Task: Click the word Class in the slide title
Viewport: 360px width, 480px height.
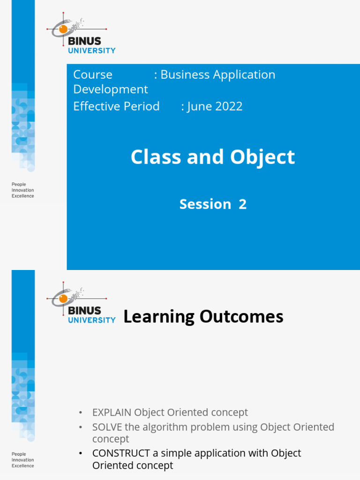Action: pyautogui.click(x=155, y=157)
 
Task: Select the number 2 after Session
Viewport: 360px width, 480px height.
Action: pyautogui.click(x=242, y=204)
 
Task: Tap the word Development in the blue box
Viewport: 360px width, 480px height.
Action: pyautogui.click(x=111, y=89)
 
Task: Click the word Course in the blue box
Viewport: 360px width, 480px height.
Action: pyautogui.click(x=93, y=75)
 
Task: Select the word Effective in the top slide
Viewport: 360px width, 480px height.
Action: pyautogui.click(x=96, y=106)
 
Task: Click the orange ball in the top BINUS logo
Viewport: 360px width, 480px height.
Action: pyautogui.click(x=63, y=30)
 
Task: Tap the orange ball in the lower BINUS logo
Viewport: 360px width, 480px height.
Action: pyautogui.click(x=63, y=299)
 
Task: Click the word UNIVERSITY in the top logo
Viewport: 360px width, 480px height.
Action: pyautogui.click(x=92, y=51)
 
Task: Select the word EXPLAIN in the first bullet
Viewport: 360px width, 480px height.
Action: pyautogui.click(x=112, y=412)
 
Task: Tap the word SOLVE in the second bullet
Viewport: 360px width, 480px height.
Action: pyautogui.click(x=107, y=427)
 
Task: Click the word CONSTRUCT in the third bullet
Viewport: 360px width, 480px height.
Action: pyautogui.click(x=121, y=453)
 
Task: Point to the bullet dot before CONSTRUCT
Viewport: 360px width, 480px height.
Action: pyautogui.click(x=81, y=453)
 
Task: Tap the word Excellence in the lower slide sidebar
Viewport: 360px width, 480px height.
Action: pyautogui.click(x=22, y=465)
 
